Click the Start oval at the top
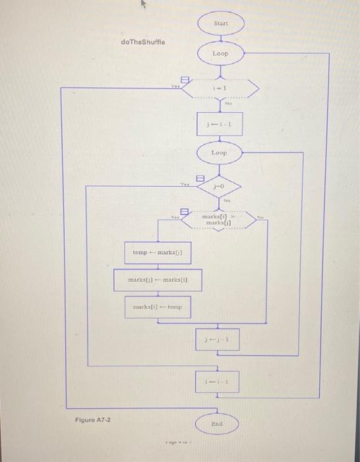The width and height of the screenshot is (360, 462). [x=220, y=24]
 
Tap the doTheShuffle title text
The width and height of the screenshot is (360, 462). [x=143, y=42]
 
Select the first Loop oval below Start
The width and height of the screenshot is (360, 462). [x=220, y=53]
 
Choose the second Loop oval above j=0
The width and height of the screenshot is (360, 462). [x=219, y=153]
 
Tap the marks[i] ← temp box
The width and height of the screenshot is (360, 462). [x=157, y=308]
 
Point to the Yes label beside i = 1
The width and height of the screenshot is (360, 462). [x=175, y=86]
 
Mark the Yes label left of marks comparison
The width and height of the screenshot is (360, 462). [x=175, y=216]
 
